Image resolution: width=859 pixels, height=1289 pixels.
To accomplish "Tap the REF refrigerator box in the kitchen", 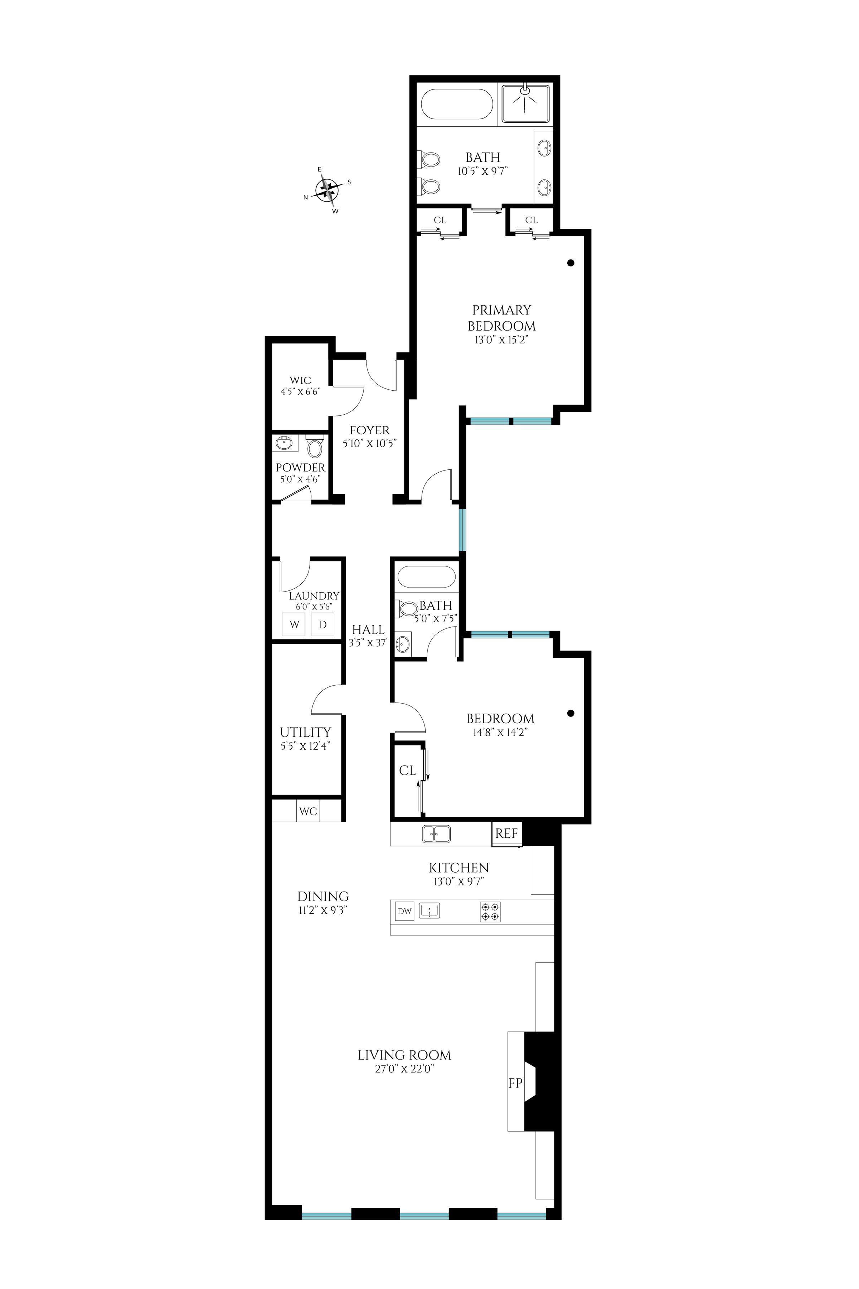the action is [x=506, y=834].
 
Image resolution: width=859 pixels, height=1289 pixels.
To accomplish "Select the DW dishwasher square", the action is [x=404, y=911].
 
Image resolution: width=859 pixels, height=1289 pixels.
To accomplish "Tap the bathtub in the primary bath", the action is [x=457, y=104].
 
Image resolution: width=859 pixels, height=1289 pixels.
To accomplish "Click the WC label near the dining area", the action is [x=309, y=811].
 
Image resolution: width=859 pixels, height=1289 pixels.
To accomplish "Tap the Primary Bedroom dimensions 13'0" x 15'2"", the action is [x=501, y=340].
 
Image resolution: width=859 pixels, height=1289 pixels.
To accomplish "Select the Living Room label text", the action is [x=404, y=1055].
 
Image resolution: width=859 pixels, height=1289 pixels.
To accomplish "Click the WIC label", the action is [x=300, y=380].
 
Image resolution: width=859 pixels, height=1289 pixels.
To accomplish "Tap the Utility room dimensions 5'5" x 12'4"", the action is [x=305, y=746].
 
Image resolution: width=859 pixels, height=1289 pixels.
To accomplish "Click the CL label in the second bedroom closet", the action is [x=408, y=771].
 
